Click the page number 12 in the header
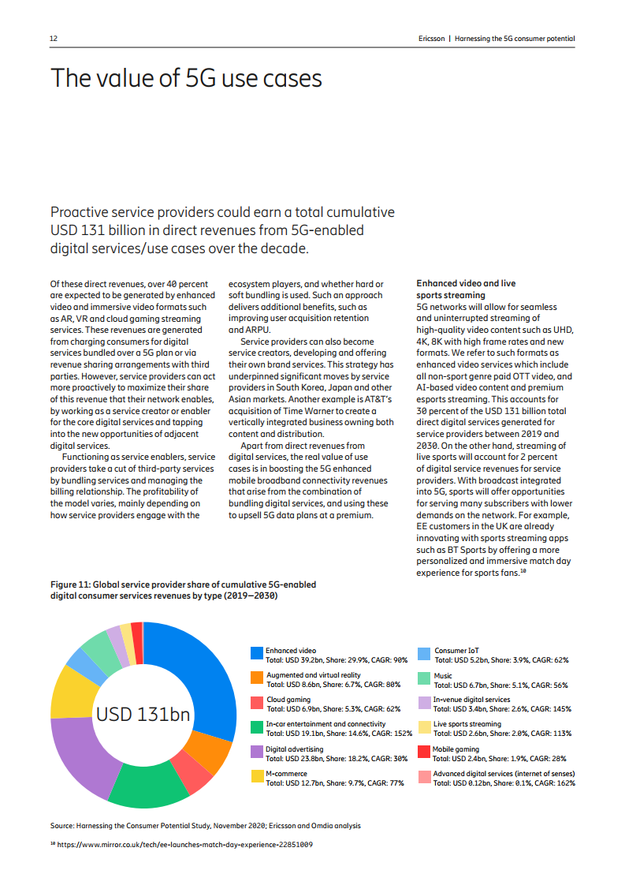tap(54, 39)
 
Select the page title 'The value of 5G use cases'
tap(186, 79)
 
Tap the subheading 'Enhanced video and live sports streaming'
tap(466, 288)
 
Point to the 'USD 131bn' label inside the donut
tap(143, 715)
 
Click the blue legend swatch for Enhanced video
tap(256, 653)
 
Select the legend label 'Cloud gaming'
tap(288, 700)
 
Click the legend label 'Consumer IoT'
tap(456, 651)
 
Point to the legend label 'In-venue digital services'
tap(471, 700)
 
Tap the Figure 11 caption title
tap(184, 590)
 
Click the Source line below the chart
tap(206, 825)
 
